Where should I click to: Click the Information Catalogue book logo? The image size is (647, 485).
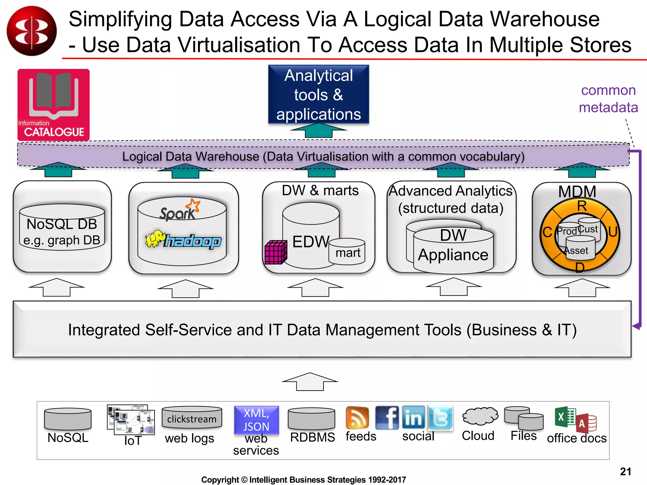point(53,105)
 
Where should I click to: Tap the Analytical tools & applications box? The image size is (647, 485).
point(318,94)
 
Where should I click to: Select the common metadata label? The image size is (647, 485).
point(608,99)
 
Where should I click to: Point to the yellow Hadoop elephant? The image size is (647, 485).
point(155,239)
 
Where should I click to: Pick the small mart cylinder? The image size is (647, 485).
point(347,251)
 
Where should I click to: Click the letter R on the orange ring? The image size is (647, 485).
point(582,206)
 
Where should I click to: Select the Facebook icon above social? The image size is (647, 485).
point(387,417)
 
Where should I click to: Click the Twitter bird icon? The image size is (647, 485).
point(440,417)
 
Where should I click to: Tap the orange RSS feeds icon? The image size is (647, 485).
point(357,417)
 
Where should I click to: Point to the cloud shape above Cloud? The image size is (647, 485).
point(480,416)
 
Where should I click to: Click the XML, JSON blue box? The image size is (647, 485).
point(256,420)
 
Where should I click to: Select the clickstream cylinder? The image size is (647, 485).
point(192,417)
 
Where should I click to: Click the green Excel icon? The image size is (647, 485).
point(565,417)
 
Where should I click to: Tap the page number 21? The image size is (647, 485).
point(625,471)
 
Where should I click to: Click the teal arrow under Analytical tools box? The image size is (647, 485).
point(318,130)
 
